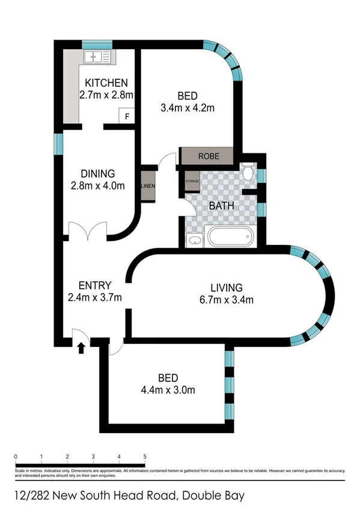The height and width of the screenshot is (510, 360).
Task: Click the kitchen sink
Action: pyautogui.click(x=98, y=57)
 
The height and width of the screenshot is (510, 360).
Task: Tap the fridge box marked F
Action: pyautogui.click(x=127, y=116)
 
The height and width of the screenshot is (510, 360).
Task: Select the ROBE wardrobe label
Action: pyautogui.click(x=208, y=156)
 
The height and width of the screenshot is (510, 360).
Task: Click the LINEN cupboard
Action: pyautogui.click(x=148, y=186)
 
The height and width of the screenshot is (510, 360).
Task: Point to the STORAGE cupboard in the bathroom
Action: pyautogui.click(x=192, y=181)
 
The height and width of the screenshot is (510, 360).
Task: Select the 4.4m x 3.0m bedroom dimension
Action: pyautogui.click(x=168, y=390)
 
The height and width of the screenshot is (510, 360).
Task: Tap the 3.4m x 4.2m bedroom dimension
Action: pyautogui.click(x=188, y=108)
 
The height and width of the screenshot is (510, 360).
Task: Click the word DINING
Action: pyautogui.click(x=97, y=174)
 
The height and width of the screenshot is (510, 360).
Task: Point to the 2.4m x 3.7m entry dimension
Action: pyautogui.click(x=97, y=297)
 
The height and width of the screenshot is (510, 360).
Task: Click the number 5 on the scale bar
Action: pyautogui.click(x=145, y=456)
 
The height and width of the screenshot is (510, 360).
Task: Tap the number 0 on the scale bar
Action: pyautogui.click(x=14, y=456)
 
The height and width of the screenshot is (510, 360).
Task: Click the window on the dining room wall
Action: pyautogui.click(x=59, y=143)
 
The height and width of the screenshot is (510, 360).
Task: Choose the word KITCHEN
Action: pyautogui.click(x=106, y=82)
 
